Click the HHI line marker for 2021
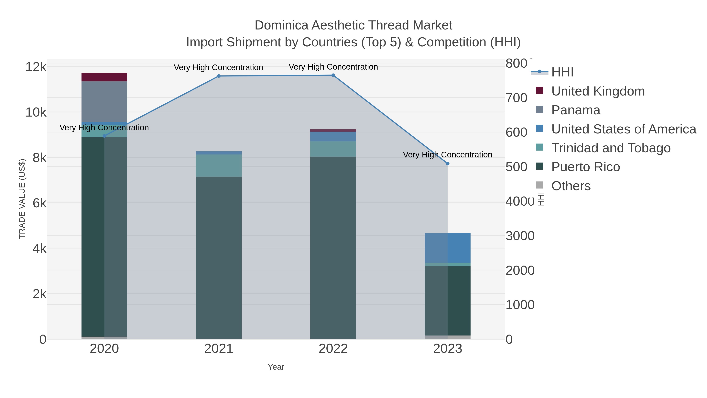pos(219,76)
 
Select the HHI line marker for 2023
pos(448,164)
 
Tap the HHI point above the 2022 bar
pos(333,75)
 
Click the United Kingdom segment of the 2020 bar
pos(104,77)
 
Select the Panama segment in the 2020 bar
pos(104,102)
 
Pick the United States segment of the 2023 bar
pos(448,248)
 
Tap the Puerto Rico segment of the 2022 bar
pos(333,247)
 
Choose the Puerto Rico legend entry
pos(585,167)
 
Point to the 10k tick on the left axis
pos(36,112)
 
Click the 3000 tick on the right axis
pos(520,236)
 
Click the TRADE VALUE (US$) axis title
pos(22,199)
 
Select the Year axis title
pos(276,367)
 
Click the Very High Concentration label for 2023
pos(447,155)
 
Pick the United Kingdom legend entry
pos(598,91)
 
